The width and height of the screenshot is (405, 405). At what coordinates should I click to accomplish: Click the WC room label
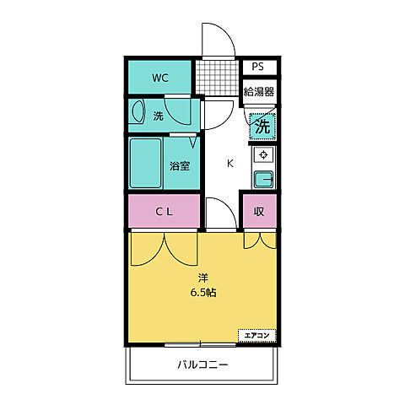(x=160, y=78)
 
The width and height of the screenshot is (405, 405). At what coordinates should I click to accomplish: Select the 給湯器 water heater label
(x=258, y=91)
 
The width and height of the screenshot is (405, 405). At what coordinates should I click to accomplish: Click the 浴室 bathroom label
(x=179, y=165)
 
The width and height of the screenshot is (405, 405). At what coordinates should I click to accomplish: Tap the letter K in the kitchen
(x=229, y=164)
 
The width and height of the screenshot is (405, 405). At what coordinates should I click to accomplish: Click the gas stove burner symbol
(x=263, y=155)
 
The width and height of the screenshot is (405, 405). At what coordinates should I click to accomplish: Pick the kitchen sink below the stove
(x=263, y=178)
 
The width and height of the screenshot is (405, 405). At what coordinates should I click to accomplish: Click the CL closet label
(x=163, y=211)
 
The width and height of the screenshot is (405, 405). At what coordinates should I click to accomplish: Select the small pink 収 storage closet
(x=259, y=211)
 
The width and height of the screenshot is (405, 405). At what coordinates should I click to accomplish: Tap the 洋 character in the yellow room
(x=202, y=277)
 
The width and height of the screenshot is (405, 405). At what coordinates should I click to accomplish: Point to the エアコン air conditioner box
(x=256, y=335)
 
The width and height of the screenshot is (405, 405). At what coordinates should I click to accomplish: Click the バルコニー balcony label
(x=202, y=365)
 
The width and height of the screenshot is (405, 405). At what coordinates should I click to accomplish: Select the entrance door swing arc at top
(x=216, y=40)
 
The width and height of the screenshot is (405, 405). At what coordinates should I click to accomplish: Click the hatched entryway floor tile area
(x=221, y=78)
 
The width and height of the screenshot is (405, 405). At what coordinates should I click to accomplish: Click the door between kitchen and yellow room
(x=217, y=212)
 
